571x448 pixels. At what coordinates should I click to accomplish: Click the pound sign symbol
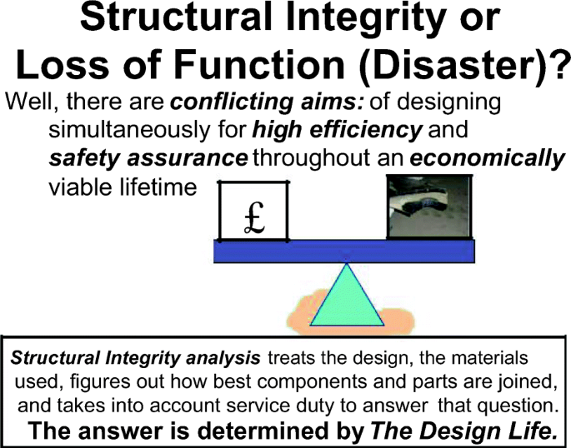pos(254,218)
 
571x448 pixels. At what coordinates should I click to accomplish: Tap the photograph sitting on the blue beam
pos(429,207)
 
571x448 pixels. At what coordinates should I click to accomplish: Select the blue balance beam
pos(344,251)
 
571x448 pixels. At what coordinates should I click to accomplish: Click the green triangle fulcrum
pos(347,298)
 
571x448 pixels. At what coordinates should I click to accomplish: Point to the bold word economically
pos(488,158)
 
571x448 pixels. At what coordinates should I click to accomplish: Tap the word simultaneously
pos(129,130)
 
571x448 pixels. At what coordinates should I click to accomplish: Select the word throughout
pos(312,159)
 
